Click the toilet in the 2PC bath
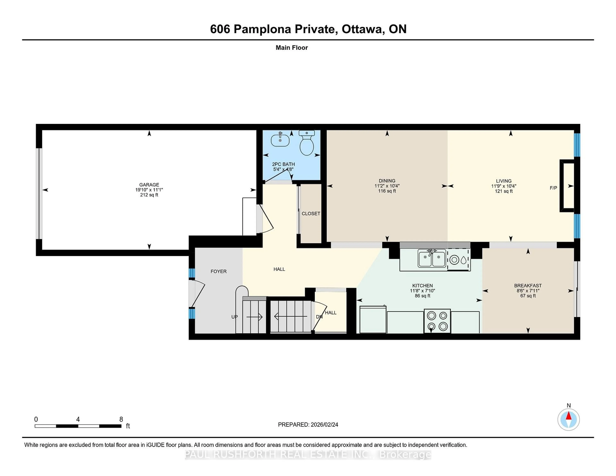pyautogui.click(x=307, y=144)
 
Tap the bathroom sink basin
pyautogui.click(x=280, y=140)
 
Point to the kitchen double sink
pyautogui.click(x=432, y=259)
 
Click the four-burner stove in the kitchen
pyautogui.click(x=437, y=321)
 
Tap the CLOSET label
pyautogui.click(x=311, y=213)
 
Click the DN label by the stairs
pyautogui.click(x=319, y=317)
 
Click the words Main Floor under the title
pyautogui.click(x=292, y=48)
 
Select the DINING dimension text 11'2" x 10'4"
pyautogui.click(x=387, y=186)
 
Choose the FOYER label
pyautogui.click(x=219, y=271)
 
